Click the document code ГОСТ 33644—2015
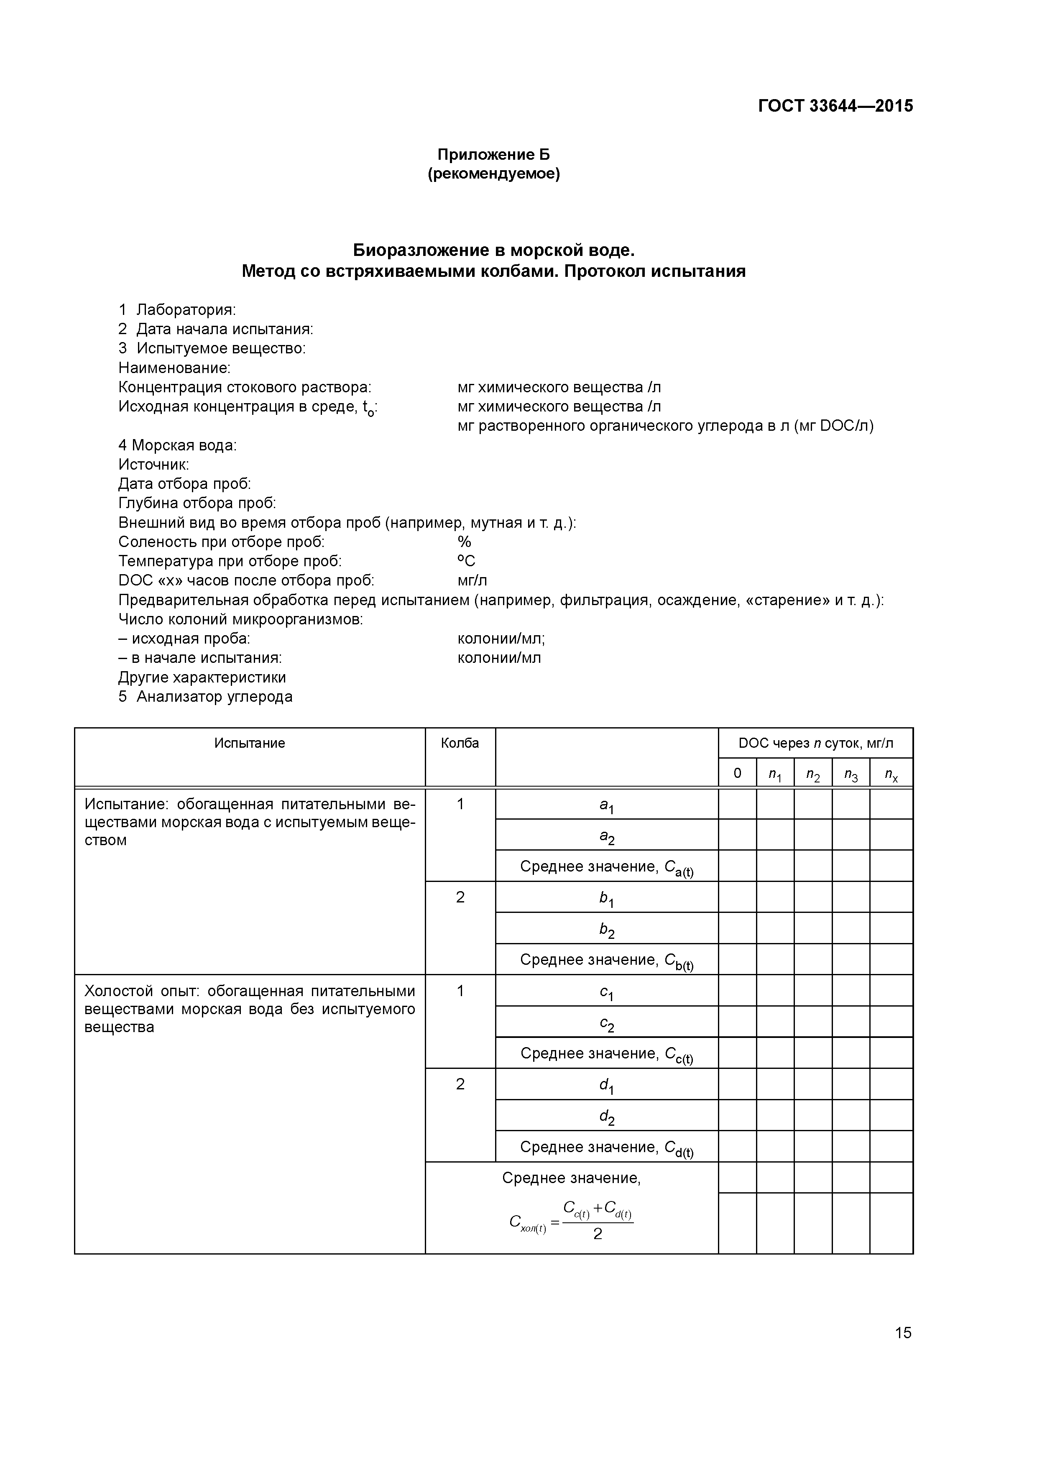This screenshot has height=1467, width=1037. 835,106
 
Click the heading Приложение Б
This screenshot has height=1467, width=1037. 493,155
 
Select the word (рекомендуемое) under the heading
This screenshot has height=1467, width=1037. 493,174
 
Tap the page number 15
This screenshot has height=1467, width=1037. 903,1333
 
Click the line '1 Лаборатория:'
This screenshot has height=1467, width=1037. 177,310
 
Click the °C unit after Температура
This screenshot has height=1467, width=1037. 466,561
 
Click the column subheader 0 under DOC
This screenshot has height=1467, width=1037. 737,773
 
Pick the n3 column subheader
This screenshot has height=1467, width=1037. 851,774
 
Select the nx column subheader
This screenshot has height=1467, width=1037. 891,774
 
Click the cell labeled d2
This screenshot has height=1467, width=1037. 606,1116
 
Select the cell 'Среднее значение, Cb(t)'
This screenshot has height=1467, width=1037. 606,960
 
